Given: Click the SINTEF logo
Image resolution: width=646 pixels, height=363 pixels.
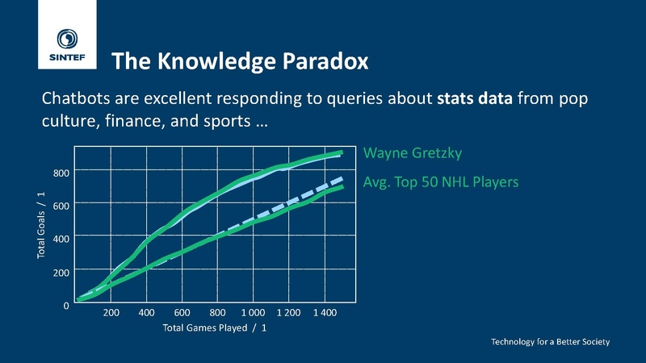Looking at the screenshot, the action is pyautogui.click(x=67, y=45).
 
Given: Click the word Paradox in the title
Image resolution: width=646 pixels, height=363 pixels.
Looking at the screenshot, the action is pyautogui.click(x=325, y=61).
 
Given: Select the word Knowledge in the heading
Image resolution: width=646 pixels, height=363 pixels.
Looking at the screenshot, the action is pyautogui.click(x=216, y=61).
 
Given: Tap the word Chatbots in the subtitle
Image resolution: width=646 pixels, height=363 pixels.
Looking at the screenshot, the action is pyautogui.click(x=76, y=98).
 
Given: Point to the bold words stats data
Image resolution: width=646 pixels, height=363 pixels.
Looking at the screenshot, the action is pyautogui.click(x=475, y=98).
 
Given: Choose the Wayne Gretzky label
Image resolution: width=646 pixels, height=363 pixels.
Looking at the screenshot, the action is pyautogui.click(x=413, y=153).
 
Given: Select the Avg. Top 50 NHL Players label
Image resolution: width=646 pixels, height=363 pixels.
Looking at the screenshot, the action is pyautogui.click(x=440, y=182).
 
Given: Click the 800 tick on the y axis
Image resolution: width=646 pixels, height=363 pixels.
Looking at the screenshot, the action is pyautogui.click(x=61, y=173).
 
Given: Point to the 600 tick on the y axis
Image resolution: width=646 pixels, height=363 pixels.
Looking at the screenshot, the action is pyautogui.click(x=61, y=206).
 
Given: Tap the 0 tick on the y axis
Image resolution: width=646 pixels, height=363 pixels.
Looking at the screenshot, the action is pyautogui.click(x=66, y=306).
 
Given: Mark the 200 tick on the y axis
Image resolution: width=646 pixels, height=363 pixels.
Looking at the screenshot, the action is pyautogui.click(x=61, y=272).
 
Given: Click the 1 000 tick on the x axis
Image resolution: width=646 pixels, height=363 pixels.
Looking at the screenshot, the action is pyautogui.click(x=253, y=313).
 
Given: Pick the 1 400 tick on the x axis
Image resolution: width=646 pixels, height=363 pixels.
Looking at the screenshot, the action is pyautogui.click(x=325, y=313).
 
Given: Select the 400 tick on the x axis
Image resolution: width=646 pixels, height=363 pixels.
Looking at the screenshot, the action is pyautogui.click(x=146, y=313).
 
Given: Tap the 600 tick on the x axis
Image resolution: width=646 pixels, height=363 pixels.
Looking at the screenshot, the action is pyautogui.click(x=182, y=313).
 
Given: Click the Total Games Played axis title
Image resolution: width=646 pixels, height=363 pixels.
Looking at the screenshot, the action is pyautogui.click(x=214, y=328).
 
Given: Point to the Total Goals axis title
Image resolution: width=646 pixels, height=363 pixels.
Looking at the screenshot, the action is pyautogui.click(x=41, y=225).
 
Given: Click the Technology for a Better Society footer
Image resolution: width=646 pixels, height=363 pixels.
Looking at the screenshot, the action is pyautogui.click(x=550, y=341).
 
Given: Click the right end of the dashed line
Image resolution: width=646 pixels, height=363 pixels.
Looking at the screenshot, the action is pyautogui.click(x=342, y=178).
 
